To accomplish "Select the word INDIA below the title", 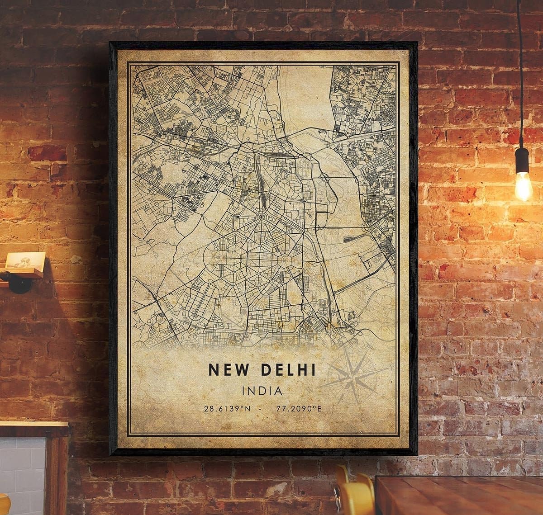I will click(x=262, y=390).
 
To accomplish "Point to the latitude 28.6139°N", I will click(x=226, y=409).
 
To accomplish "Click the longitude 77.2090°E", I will click(x=298, y=409).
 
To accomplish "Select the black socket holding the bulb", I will click(x=522, y=161).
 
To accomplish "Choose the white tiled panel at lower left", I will click(x=23, y=470).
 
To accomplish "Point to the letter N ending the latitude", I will click(x=247, y=409).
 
